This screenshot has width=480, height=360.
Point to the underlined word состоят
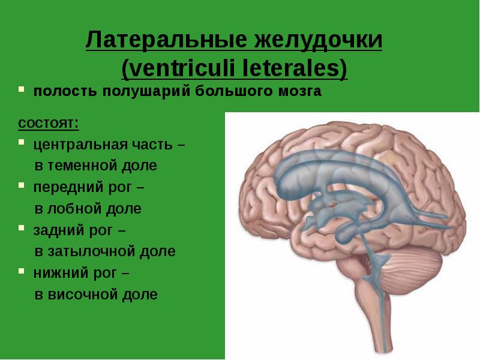point(48,124)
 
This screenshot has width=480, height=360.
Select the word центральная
point(79,145)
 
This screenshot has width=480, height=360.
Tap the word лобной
point(75,208)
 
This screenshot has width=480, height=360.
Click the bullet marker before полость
point(21,91)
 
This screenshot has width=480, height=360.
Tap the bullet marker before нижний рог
point(21,272)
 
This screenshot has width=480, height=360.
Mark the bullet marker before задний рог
point(21,229)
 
